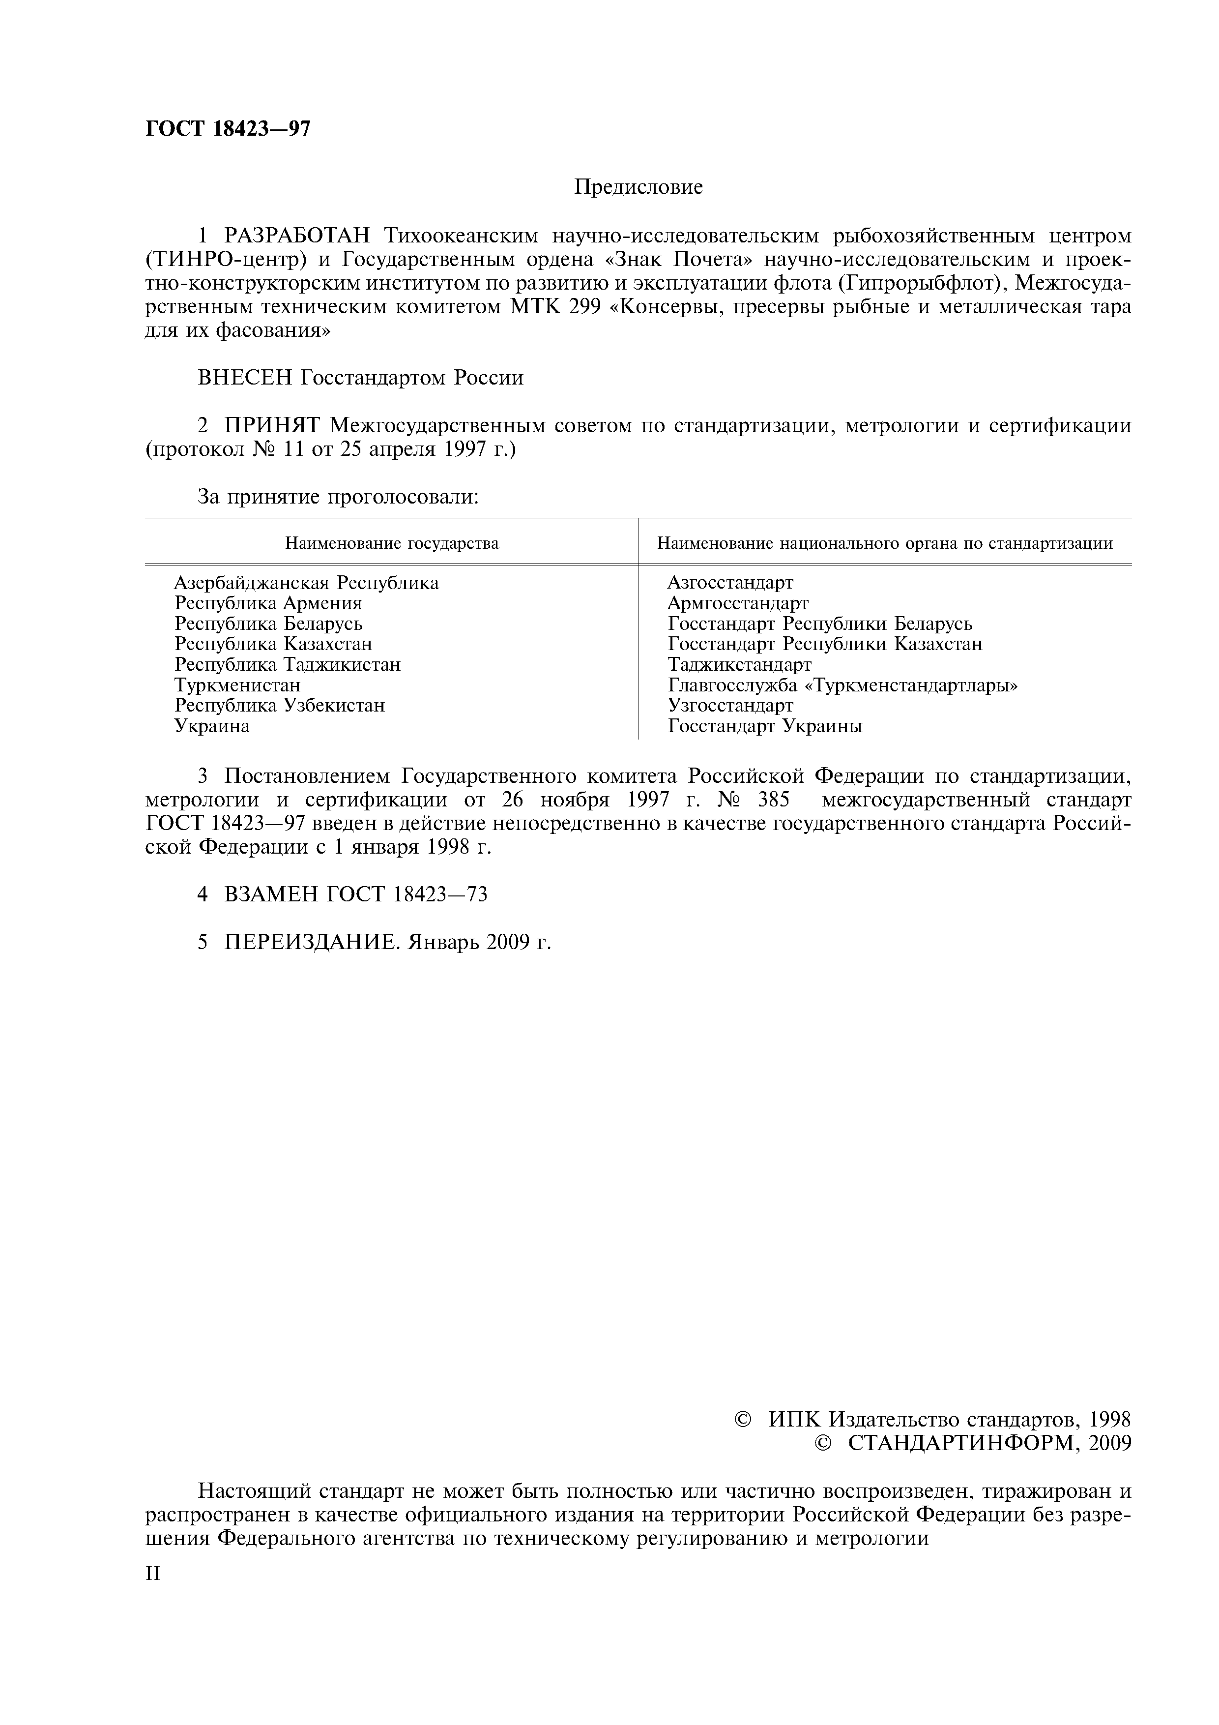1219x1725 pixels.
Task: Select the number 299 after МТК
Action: pos(586,307)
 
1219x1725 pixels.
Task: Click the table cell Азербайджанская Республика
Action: pos(306,583)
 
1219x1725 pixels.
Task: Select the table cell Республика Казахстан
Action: pos(273,644)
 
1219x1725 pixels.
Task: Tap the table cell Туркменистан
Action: pos(237,685)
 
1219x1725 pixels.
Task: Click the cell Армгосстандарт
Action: pos(738,603)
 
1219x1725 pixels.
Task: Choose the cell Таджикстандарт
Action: pos(739,665)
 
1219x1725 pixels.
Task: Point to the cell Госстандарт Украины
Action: pos(765,726)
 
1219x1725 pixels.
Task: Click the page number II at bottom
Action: pos(152,1573)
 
